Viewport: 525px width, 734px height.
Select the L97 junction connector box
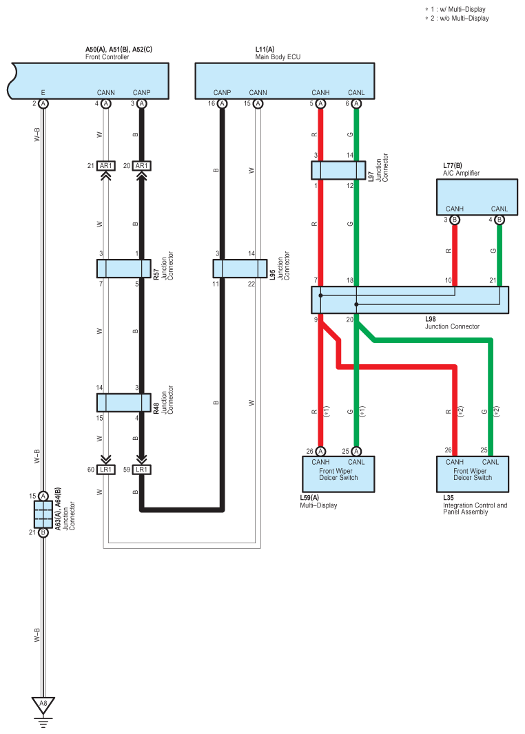tap(338, 170)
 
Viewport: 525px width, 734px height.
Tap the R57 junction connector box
tap(123, 269)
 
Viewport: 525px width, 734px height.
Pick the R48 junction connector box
tap(123, 403)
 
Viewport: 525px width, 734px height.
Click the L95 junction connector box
tap(240, 269)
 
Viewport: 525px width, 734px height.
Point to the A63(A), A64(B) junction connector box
tap(43, 514)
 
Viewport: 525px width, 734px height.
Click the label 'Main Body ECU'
tap(278, 57)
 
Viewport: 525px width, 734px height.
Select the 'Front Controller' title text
tap(107, 57)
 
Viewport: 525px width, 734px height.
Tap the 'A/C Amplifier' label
tap(462, 174)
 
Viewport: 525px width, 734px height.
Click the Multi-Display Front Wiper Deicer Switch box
tap(338, 474)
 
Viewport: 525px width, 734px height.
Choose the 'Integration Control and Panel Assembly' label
tap(475, 509)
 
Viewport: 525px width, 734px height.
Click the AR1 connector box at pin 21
tap(106, 166)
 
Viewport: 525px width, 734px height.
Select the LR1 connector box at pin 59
tap(141, 470)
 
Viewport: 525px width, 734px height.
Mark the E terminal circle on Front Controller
tap(43, 103)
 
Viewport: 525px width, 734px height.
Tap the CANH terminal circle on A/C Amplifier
tap(454, 220)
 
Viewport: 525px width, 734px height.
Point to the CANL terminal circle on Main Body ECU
tap(356, 103)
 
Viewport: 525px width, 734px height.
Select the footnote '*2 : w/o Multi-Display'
tap(457, 19)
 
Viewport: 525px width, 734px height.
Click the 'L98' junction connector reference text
tap(431, 319)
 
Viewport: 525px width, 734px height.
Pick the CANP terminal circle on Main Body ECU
tap(222, 103)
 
